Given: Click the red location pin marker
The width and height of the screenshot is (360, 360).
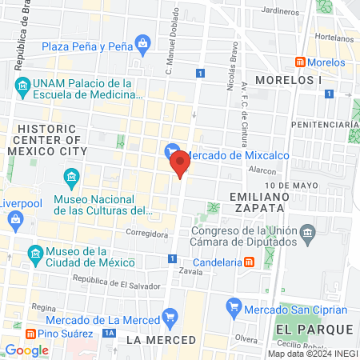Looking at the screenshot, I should click(x=181, y=162).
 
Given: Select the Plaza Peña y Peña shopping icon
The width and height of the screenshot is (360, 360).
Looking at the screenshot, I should click(x=142, y=42).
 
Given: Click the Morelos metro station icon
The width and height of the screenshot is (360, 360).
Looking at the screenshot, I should click(x=300, y=62).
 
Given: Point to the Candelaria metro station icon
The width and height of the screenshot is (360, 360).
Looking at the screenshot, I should click(x=250, y=262).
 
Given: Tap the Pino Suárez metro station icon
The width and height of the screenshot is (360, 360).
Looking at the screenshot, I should click(x=30, y=333).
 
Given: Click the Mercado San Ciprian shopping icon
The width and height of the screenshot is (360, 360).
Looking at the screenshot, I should click(x=234, y=305).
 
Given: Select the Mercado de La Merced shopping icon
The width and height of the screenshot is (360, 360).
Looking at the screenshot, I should click(x=169, y=318).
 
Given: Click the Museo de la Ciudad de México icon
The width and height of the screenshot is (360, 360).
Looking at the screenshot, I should click(x=34, y=255).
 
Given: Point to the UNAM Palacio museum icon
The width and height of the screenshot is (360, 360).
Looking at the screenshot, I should click(x=22, y=85).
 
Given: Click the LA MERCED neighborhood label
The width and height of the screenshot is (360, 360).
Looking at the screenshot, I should click(x=161, y=340).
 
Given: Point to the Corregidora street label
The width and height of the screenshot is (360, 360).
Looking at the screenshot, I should click(x=146, y=234).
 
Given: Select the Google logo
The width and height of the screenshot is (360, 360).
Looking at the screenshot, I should click(x=26, y=350).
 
